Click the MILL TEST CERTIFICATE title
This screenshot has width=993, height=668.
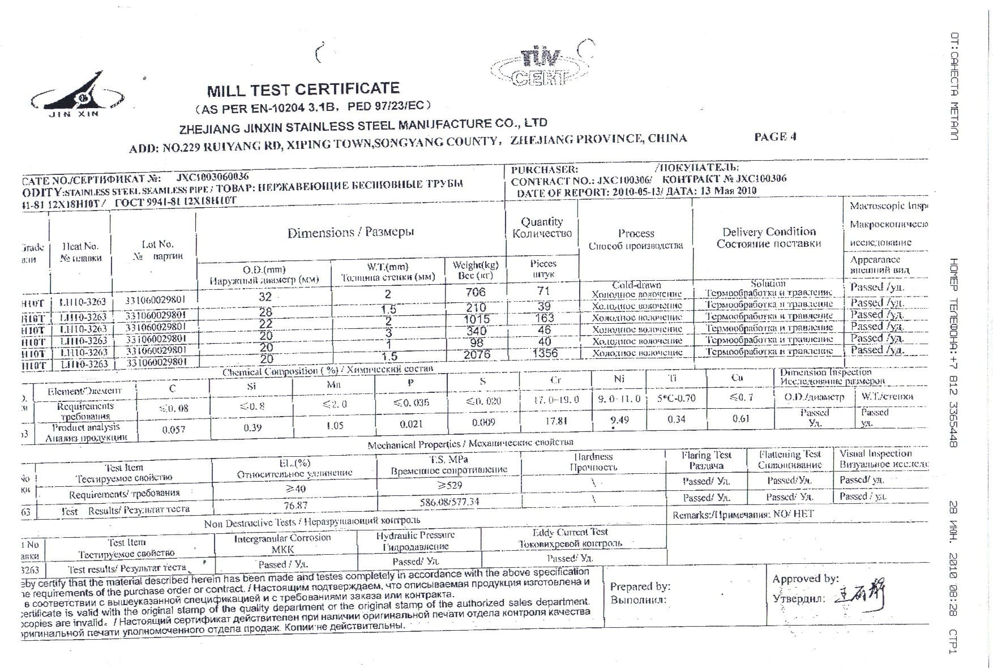click(303, 89)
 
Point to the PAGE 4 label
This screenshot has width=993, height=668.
click(775, 136)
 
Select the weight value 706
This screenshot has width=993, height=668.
click(476, 292)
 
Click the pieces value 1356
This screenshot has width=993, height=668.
click(545, 353)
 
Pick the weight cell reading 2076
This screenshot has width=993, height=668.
click(476, 355)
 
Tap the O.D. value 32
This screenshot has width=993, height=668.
click(265, 297)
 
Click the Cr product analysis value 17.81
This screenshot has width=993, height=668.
click(555, 421)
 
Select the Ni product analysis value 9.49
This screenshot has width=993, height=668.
click(619, 420)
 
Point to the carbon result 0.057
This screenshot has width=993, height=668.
click(173, 430)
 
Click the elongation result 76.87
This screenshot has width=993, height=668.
click(296, 505)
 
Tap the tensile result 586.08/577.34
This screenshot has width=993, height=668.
click(450, 502)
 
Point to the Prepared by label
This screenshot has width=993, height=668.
click(640, 586)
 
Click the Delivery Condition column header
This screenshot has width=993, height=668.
click(769, 238)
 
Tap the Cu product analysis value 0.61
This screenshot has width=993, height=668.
click(741, 418)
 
